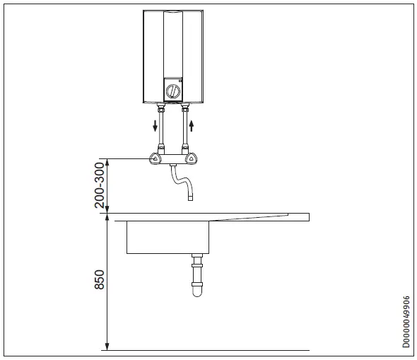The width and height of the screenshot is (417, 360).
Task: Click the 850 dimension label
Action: coord(100,280)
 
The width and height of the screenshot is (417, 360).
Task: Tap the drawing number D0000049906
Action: coord(406,321)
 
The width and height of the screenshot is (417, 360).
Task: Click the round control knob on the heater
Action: coord(173,91)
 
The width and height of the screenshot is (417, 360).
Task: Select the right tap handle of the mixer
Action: coord(189,159)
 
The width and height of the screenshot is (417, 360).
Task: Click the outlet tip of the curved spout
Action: coord(189,199)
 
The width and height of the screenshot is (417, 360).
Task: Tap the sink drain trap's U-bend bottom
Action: coord(196,292)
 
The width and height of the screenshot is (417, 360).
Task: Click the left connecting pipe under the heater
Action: coord(161,131)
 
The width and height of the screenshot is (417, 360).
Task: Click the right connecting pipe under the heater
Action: coord(185,131)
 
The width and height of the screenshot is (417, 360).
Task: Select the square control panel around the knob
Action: coord(173,89)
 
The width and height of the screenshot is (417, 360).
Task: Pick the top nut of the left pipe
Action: coord(161,110)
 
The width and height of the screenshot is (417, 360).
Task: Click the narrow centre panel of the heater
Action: coord(173,42)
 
